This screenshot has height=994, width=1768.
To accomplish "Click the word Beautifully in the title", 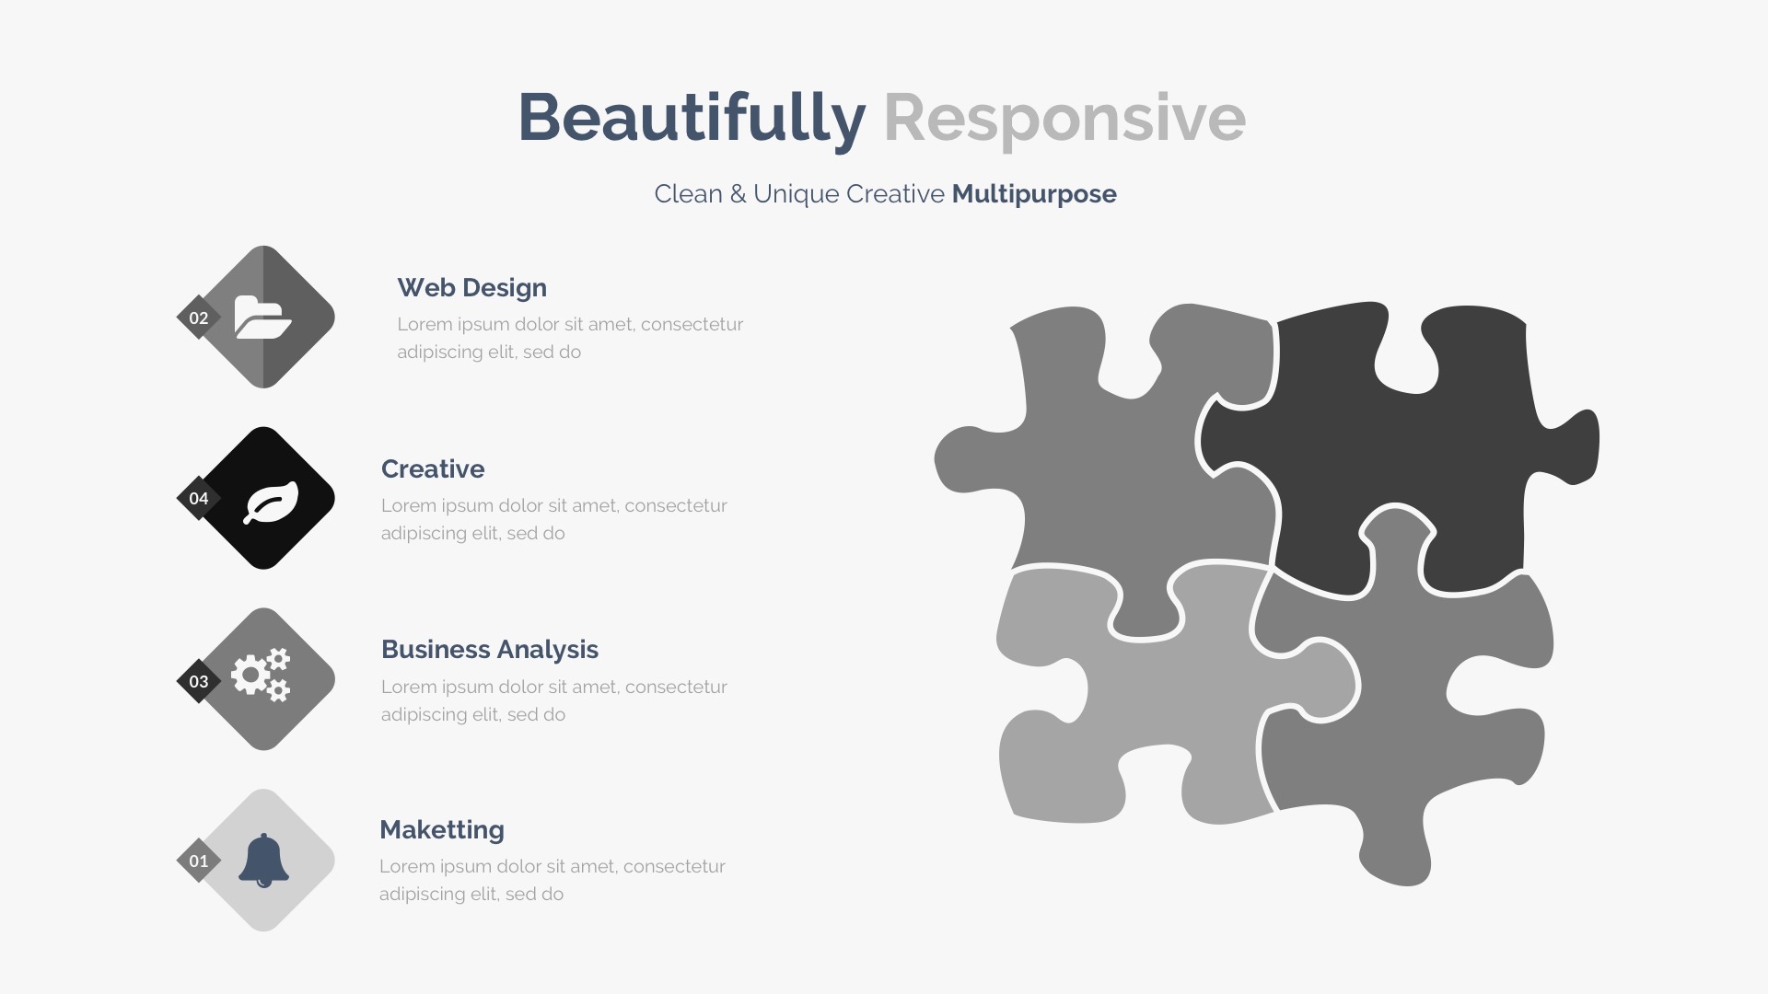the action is tap(692, 119).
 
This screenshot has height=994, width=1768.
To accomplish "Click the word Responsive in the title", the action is tap(1064, 119).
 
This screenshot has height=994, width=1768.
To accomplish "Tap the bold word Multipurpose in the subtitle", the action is tap(1034, 194).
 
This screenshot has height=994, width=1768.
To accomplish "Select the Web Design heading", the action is tap(471, 288).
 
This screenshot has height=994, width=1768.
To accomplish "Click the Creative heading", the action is tap(433, 468).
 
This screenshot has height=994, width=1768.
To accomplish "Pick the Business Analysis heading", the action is tap(490, 650).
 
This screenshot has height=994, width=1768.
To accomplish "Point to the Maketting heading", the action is tap(442, 830).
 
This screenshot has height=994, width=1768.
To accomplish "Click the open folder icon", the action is tap(262, 318).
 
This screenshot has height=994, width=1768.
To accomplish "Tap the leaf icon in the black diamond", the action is tap(271, 503).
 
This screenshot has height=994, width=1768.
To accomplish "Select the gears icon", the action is tap(261, 675).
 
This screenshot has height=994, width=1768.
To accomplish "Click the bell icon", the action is tap(263, 861).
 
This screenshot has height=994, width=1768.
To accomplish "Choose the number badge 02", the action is tap(199, 318).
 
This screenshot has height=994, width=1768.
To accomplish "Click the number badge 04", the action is tap(199, 498).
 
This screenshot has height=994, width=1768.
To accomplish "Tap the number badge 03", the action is tap(199, 681).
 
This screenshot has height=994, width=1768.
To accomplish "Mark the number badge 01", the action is tap(199, 861).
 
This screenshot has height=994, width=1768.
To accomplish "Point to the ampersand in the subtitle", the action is tap(738, 194).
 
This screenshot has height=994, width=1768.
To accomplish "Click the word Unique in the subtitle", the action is tap(797, 194).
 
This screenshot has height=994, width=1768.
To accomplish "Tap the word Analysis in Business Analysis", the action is tap(549, 650).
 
